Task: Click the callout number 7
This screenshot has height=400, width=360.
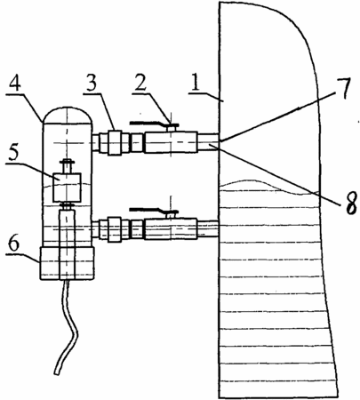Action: tap(343, 88)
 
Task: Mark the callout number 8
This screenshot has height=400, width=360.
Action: tap(351, 204)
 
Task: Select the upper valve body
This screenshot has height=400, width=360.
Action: tap(171, 142)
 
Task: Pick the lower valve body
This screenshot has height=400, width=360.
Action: tap(171, 228)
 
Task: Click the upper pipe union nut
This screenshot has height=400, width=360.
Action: tap(115, 142)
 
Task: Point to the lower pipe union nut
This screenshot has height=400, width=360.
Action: tap(115, 229)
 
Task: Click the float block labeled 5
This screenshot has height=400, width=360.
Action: tap(67, 187)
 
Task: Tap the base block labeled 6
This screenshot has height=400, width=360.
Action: tap(68, 263)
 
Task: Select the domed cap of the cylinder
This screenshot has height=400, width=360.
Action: tap(68, 115)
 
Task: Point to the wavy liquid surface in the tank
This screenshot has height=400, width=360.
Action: tap(269, 187)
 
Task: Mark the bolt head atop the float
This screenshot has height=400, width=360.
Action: tap(68, 162)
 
